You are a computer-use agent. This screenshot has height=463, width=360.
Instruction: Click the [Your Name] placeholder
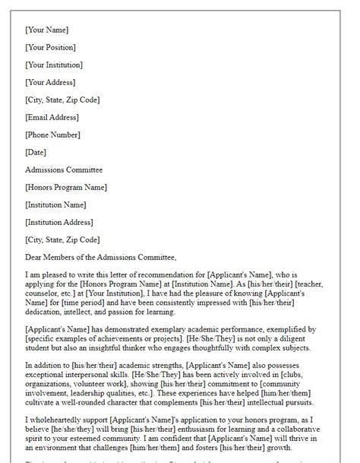coord(46,30)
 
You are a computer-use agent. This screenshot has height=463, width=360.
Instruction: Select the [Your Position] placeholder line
coord(52,47)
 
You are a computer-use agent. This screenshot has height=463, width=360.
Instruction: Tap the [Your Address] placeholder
coord(51,82)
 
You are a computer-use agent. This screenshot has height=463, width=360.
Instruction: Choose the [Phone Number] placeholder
coord(52,135)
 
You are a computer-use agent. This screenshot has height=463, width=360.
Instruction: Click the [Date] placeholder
coord(37,152)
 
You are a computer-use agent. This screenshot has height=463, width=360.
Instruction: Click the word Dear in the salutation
coord(35,257)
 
